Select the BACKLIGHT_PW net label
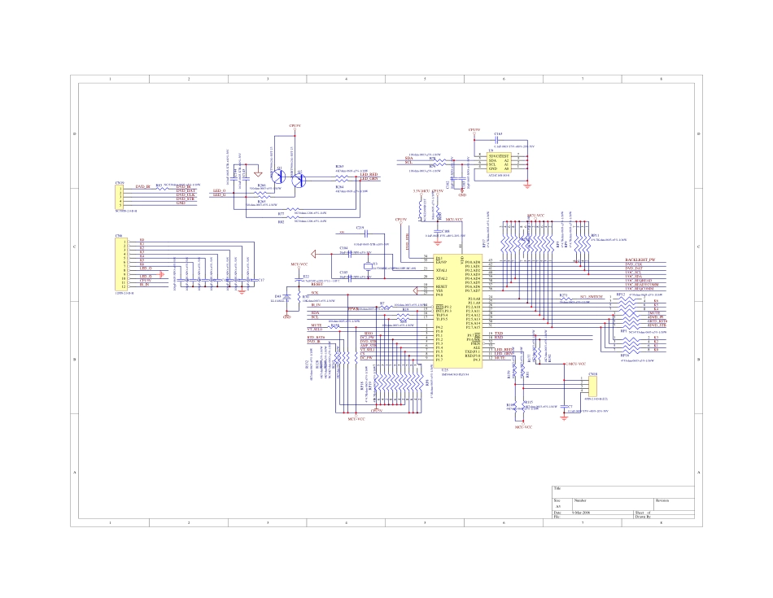[640, 260]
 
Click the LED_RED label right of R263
[369, 175]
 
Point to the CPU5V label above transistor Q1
[295, 126]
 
